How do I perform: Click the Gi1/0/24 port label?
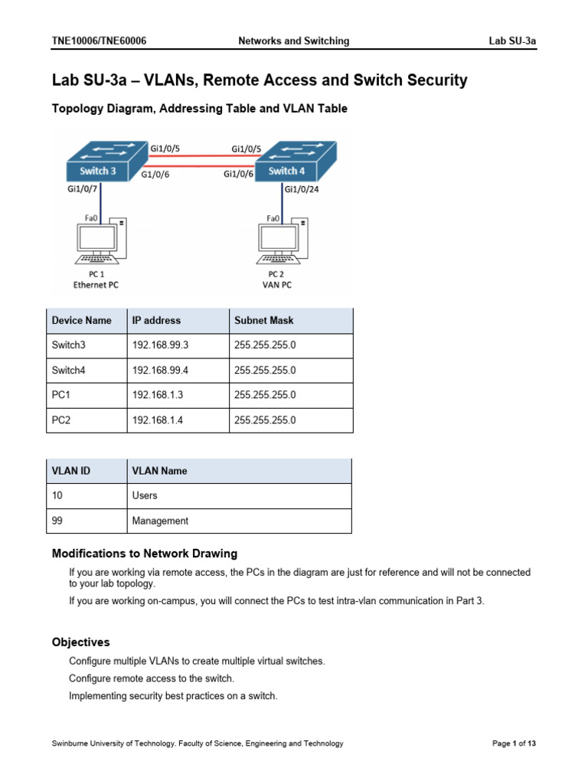click(301, 190)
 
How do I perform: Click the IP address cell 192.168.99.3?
click(160, 345)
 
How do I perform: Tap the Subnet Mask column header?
click(263, 321)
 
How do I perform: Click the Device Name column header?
click(81, 321)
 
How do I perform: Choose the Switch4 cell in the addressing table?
click(68, 371)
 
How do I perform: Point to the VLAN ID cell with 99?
click(58, 521)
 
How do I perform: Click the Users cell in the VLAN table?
click(145, 495)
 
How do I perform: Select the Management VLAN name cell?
click(160, 521)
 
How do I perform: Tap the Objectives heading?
click(80, 642)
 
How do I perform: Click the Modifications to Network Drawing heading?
click(144, 554)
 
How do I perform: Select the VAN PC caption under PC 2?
click(283, 284)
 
